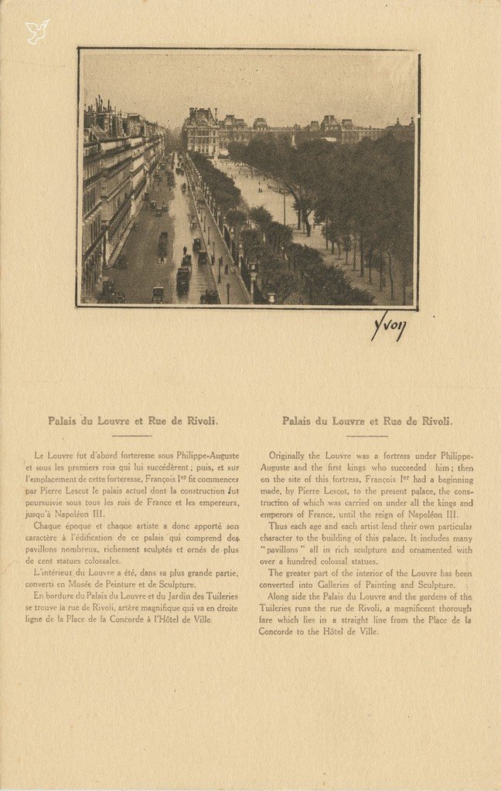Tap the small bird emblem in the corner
pyautogui.click(x=36, y=31)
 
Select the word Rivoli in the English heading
pyautogui.click(x=435, y=421)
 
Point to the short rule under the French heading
pyautogui.click(x=133, y=436)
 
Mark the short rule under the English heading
pyautogui.click(x=366, y=436)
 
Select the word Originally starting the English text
pyautogui.click(x=287, y=456)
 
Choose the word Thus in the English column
pyautogui.click(x=278, y=526)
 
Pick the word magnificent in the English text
pyautogui.click(x=401, y=608)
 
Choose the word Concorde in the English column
pyautogui.click(x=280, y=631)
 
